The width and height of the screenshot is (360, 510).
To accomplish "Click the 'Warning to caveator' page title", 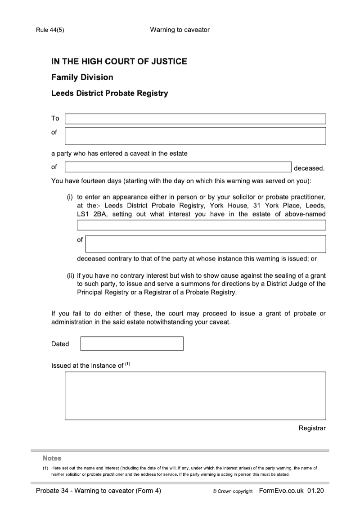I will pyautogui.click(x=180, y=30).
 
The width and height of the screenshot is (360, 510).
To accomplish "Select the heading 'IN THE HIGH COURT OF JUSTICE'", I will pyautogui.click(x=119, y=62).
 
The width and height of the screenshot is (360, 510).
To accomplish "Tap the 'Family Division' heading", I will pyautogui.click(x=82, y=77).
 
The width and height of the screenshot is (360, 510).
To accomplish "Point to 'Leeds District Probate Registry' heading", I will pyautogui.click(x=109, y=94).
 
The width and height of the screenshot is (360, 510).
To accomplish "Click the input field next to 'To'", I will pyautogui.click(x=195, y=119).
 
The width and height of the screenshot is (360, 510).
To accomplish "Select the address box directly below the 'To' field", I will pyautogui.click(x=195, y=136).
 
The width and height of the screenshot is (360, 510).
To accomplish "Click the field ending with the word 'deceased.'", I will pyautogui.click(x=178, y=167).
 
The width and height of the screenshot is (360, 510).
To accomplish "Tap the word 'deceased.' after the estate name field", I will pyautogui.click(x=309, y=168).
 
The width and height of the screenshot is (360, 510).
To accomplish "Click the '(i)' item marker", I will pyautogui.click(x=70, y=197).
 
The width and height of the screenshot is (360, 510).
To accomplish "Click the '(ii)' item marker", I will pyautogui.click(x=70, y=275).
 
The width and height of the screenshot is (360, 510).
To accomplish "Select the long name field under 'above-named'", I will pyautogui.click(x=201, y=225).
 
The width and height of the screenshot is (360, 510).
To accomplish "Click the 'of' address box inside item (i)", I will pyautogui.click(x=205, y=244).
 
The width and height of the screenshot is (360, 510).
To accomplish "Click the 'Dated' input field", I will pyautogui.click(x=132, y=343).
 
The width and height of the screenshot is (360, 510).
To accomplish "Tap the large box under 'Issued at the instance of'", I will pyautogui.click(x=195, y=395).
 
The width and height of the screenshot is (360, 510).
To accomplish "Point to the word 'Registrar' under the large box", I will pyautogui.click(x=312, y=428).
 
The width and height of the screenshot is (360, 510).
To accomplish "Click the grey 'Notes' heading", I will pyautogui.click(x=52, y=458).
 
